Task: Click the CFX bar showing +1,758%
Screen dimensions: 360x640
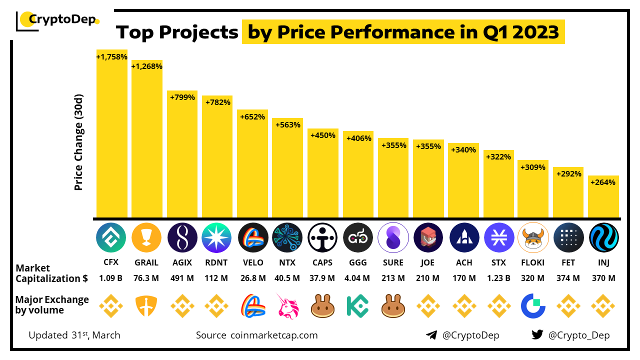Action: point(112,135)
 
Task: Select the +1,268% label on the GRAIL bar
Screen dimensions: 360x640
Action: point(147,66)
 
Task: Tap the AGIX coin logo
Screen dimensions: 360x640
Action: point(182,237)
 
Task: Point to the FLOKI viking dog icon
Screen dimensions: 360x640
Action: point(533,237)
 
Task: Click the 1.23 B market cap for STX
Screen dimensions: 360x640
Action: point(498,278)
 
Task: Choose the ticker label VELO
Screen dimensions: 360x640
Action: point(252,263)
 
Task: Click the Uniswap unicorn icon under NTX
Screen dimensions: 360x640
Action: point(287,306)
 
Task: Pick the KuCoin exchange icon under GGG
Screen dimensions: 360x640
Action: point(357,306)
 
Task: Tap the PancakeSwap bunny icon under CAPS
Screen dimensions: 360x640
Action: point(322,306)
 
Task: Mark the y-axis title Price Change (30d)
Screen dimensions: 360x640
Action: point(78,142)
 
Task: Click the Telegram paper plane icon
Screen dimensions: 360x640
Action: point(431,335)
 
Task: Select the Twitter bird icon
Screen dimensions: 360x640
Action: point(537,335)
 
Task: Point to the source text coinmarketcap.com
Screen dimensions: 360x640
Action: point(274,335)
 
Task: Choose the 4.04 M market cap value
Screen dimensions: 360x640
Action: point(357,278)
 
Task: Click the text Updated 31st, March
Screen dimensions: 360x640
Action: point(74,335)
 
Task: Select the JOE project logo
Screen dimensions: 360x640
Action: point(428,237)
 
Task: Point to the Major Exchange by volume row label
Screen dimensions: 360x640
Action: point(52,305)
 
